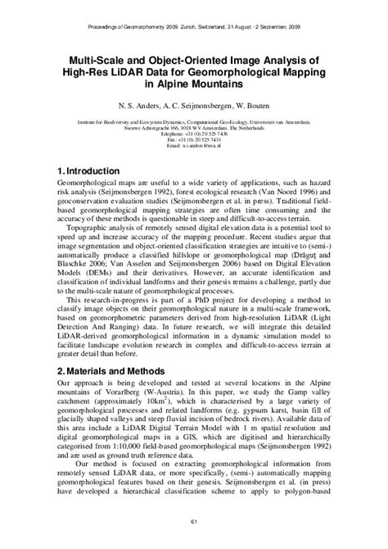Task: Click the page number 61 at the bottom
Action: pyautogui.click(x=194, y=523)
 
